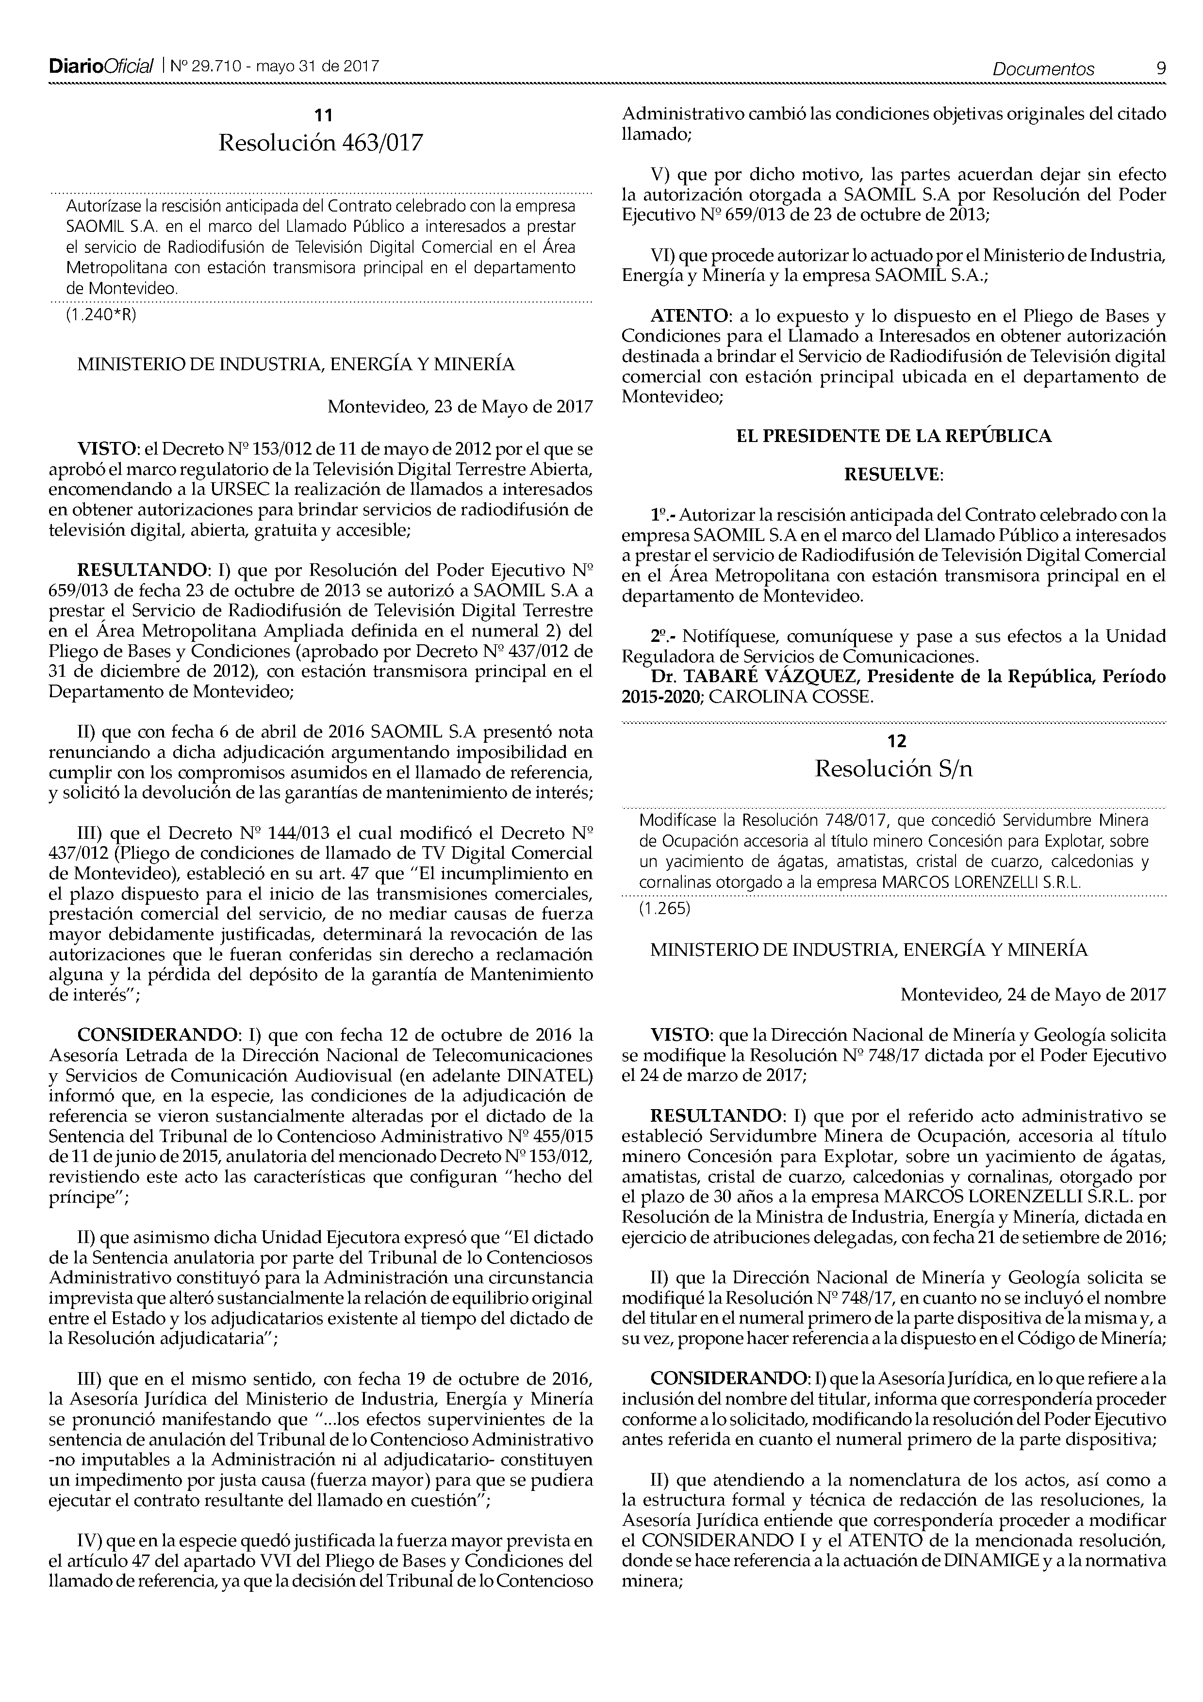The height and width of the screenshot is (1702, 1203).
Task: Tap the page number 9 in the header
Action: click(x=1160, y=69)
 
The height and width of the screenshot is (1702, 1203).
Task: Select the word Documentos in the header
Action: click(x=1044, y=70)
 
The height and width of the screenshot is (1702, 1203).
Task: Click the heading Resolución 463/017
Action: click(x=320, y=142)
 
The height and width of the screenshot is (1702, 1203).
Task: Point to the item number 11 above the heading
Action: click(x=323, y=115)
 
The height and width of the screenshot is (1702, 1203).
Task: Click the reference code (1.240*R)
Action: click(x=101, y=314)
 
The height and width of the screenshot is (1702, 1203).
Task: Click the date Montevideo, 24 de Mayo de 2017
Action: click(x=1033, y=995)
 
